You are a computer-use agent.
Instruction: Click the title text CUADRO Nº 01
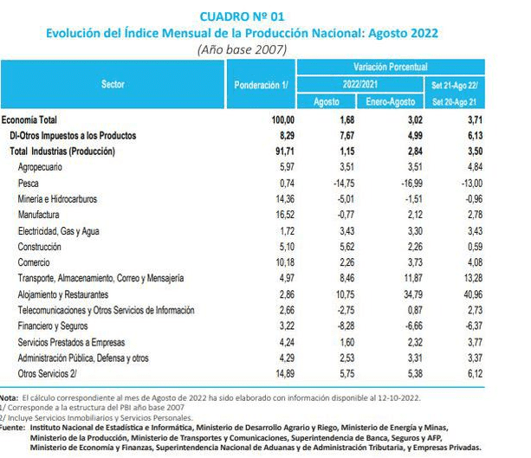242,16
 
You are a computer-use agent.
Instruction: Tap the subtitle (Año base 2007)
243,49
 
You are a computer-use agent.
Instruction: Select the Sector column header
113,84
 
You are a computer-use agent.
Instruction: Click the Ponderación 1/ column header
261,85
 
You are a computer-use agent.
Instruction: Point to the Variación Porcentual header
391,67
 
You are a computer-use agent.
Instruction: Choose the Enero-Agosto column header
391,101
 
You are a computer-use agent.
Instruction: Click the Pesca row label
28,184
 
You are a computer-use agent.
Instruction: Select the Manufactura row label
39,215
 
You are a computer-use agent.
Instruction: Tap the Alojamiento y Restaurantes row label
63,294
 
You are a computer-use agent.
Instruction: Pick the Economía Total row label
29,119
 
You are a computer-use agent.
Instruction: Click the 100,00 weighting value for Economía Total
282,119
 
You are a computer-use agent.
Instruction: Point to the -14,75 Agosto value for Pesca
344,184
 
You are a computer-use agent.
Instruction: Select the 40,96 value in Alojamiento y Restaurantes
473,294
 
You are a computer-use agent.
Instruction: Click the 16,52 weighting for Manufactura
285,215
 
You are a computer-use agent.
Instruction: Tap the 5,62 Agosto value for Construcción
347,247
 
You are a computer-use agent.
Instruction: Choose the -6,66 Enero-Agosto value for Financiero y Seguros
414,326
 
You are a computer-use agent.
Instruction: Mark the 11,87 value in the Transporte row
413,278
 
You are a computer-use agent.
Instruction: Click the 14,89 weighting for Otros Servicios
285,374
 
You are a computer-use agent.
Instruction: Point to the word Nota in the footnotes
9,397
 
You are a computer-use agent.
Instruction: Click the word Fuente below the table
12,428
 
